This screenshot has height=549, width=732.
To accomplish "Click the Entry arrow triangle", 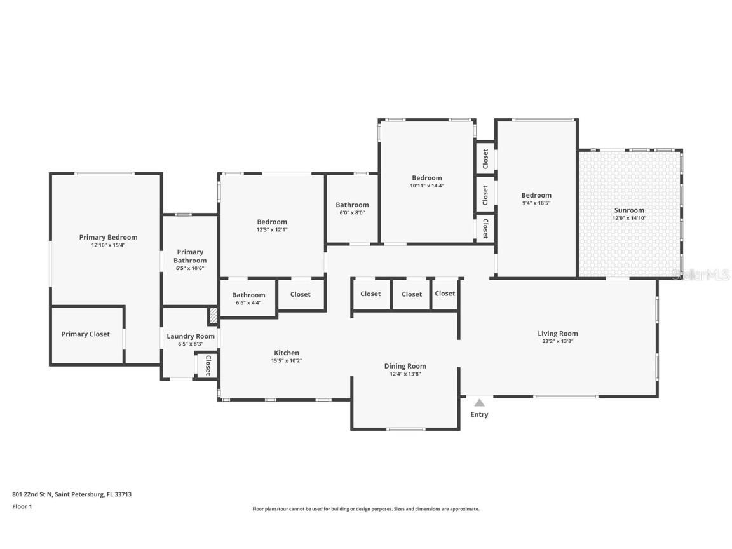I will (480, 402).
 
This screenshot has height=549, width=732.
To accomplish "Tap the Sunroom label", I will (629, 210).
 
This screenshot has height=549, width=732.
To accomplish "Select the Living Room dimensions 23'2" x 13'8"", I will (557, 341).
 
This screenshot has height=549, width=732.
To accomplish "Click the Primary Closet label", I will (85, 334).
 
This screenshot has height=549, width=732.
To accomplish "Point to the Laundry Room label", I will (191, 336).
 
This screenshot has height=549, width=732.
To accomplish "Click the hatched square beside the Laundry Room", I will (213, 315).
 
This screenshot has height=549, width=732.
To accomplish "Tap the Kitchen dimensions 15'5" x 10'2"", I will (287, 361).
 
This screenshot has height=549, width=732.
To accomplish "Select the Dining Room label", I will (405, 366).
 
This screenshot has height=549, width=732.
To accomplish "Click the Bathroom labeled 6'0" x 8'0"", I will (352, 205).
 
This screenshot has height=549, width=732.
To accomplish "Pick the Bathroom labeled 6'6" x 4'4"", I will (248, 295).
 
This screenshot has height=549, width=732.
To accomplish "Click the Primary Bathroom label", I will (190, 256).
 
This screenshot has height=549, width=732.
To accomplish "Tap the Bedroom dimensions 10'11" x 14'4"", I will (426, 186).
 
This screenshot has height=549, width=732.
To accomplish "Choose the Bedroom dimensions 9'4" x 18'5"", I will (536, 203).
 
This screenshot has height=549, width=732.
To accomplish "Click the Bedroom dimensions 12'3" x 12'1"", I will (271, 229).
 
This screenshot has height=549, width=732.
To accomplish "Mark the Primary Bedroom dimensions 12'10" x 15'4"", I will (108, 245).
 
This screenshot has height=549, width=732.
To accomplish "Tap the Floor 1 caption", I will (22, 506).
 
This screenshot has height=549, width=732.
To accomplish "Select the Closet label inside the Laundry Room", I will (207, 365).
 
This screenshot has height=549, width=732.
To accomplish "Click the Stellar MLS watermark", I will (700, 274).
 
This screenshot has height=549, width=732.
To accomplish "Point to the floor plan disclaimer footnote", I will (365, 509).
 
